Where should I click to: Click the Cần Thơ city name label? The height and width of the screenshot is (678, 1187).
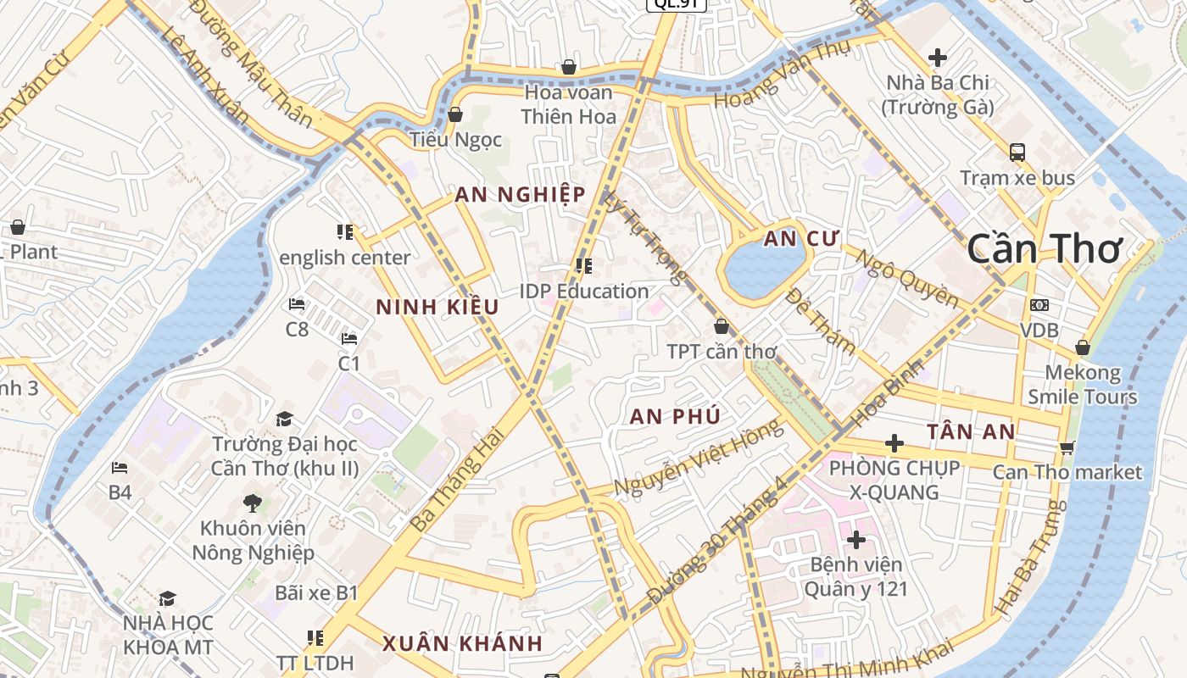[1045, 249]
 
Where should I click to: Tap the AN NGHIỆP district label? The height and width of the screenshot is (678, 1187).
[520, 195]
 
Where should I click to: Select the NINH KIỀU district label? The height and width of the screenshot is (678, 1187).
[437, 308]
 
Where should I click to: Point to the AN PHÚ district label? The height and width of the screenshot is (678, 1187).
[675, 416]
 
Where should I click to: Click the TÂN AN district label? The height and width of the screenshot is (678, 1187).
[971, 432]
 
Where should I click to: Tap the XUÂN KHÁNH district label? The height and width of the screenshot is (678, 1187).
[462, 643]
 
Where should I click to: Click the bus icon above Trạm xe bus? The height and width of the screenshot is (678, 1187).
[1017, 153]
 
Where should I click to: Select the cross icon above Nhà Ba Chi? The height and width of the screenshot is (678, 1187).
[938, 58]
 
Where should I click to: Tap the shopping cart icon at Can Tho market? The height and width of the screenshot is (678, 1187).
[1067, 447]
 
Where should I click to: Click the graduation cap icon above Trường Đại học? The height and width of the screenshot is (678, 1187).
[284, 419]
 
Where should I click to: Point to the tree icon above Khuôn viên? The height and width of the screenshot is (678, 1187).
[252, 503]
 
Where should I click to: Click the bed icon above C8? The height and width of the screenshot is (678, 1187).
[297, 303]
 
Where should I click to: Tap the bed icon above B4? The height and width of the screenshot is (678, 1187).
[120, 467]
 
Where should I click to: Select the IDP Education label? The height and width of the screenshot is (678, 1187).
[584, 291]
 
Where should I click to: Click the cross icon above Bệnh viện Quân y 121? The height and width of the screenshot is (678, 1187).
[856, 539]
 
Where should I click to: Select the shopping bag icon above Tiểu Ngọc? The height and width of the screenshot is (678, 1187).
[455, 114]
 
